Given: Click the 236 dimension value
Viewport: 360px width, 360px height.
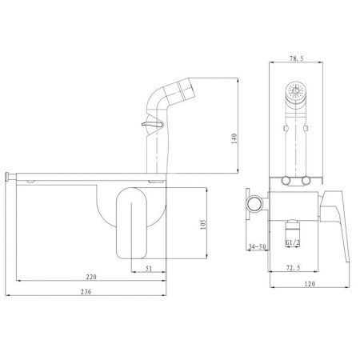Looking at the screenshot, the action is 86,291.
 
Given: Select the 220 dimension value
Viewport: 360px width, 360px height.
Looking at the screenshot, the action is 91,277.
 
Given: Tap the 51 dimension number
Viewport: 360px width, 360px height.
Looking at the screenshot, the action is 149,268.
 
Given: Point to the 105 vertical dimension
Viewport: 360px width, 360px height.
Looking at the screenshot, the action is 203,225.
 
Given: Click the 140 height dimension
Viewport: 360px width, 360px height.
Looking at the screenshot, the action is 234,138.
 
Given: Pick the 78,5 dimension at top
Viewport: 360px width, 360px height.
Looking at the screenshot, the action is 297,58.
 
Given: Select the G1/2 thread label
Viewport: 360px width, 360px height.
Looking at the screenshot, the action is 293,242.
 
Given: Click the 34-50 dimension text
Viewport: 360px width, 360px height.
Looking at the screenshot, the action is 257,246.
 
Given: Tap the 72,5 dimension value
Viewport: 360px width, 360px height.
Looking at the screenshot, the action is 293,268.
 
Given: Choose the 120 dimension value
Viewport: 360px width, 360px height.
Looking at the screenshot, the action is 310,284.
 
